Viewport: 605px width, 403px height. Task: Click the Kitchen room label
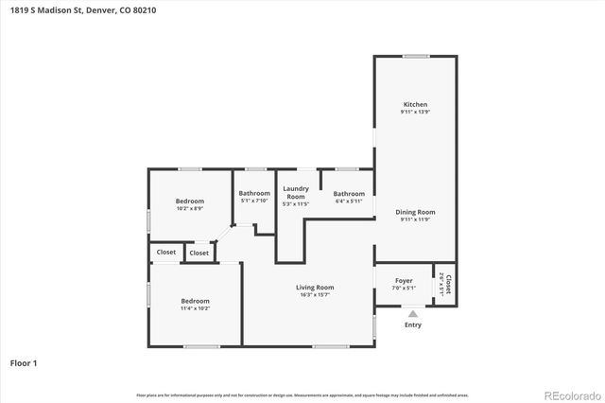[x=415, y=104]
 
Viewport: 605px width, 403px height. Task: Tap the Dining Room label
[x=415, y=212]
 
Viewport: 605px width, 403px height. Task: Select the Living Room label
[x=315, y=288]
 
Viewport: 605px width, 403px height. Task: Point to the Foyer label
[x=404, y=280]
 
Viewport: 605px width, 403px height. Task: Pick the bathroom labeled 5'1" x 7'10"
[x=254, y=193]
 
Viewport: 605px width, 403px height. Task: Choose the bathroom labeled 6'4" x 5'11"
[x=349, y=193]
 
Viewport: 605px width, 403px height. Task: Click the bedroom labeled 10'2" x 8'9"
[x=190, y=201]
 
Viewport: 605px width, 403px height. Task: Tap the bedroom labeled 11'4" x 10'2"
[x=195, y=301]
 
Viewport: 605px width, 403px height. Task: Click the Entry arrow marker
[x=412, y=313]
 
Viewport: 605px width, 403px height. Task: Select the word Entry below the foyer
[x=413, y=324]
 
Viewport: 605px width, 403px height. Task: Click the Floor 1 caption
[x=24, y=362]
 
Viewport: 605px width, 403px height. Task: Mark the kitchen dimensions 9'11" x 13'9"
[x=415, y=113]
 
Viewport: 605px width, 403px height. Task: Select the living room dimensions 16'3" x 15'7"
[x=315, y=295]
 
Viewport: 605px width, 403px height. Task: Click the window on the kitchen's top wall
[x=416, y=57]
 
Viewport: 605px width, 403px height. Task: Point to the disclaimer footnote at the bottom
[x=302, y=394]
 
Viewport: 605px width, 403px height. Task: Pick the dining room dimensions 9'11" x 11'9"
[x=415, y=219]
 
